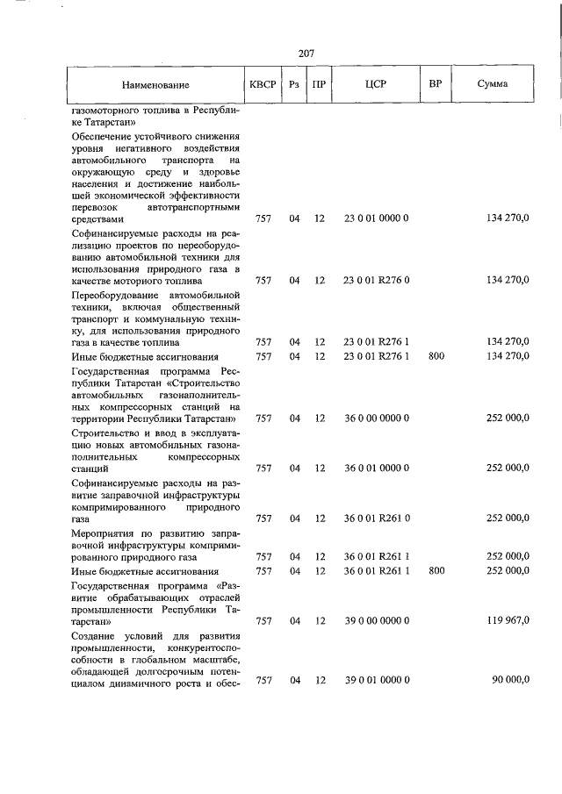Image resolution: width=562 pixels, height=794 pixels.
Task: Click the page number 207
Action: point(306,54)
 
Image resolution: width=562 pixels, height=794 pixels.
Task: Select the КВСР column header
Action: point(263,86)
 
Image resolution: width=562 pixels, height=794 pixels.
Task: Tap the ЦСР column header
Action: point(376,86)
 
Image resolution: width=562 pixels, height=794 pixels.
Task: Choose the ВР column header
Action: point(435,86)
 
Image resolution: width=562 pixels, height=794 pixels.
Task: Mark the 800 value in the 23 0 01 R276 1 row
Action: point(436,355)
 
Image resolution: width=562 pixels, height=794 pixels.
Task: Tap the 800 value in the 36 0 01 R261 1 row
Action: point(436,570)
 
